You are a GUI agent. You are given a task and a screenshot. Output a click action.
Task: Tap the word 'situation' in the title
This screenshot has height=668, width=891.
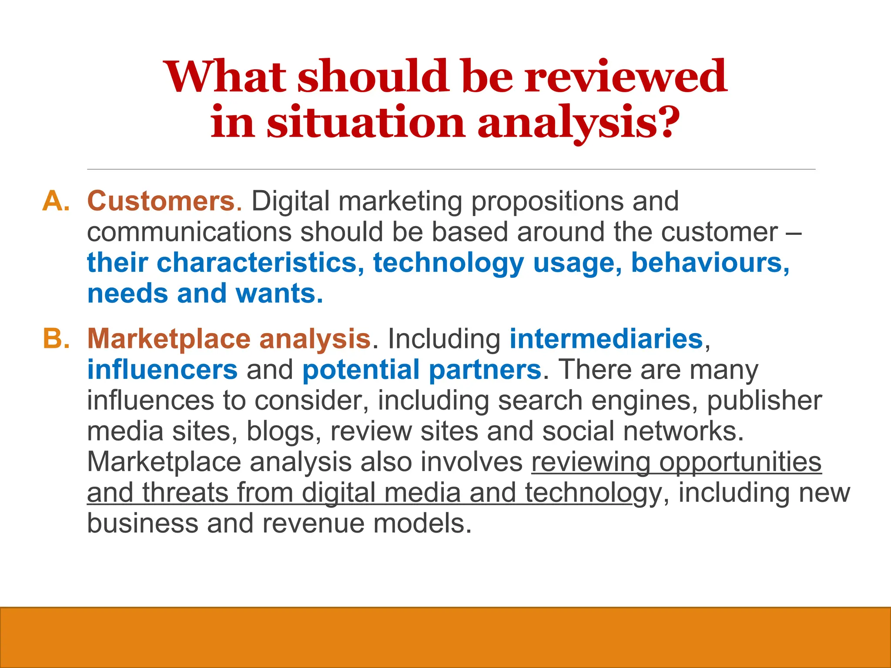[365, 122]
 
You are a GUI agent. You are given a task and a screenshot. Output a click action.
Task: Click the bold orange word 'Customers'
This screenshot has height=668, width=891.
[161, 201]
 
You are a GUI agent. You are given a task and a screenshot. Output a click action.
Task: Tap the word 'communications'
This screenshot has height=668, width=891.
[189, 232]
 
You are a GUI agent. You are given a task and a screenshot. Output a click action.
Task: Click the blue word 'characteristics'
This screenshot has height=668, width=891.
[257, 263]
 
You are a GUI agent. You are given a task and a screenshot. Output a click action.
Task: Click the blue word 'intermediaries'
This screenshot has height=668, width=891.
[606, 338]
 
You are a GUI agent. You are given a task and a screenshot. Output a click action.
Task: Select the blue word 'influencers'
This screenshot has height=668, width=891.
[162, 369]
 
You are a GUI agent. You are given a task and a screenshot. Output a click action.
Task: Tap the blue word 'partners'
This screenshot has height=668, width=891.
[485, 369]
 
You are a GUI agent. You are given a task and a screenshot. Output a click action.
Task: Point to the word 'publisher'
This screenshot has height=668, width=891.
[764, 400]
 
